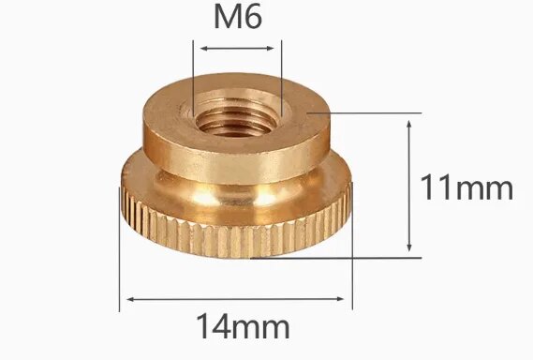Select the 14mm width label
click(x=242, y=327)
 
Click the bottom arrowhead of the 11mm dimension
click(x=409, y=247)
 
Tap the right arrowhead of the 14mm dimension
click(x=348, y=300)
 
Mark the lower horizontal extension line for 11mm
click(x=375, y=256)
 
